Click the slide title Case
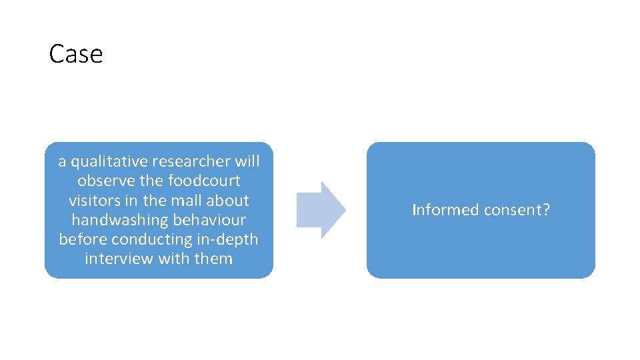pos(76,54)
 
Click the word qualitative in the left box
pos(109,161)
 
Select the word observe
pos(103,181)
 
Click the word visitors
pos(93,200)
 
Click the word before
pos(83,239)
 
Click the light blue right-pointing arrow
pos(321,210)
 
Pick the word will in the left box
pos(247,161)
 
